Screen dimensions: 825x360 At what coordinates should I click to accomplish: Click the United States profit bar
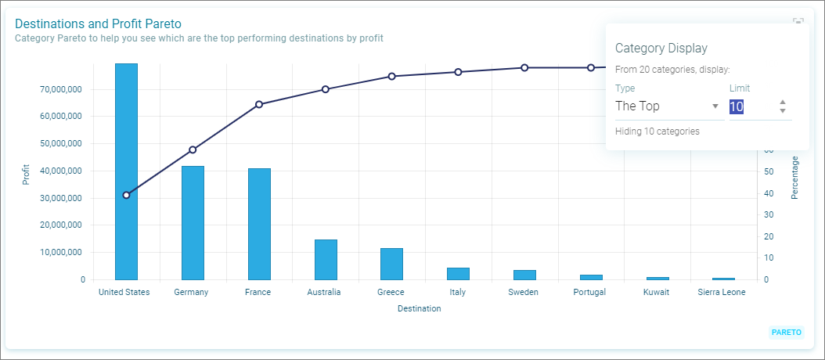tap(126, 171)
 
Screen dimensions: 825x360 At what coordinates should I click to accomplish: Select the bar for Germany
tap(193, 223)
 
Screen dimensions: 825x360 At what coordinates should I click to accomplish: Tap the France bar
tap(259, 224)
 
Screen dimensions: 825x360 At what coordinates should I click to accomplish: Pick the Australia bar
tap(326, 260)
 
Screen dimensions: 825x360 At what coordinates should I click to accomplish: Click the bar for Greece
tap(392, 264)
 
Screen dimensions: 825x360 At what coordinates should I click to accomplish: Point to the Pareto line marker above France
tap(259, 104)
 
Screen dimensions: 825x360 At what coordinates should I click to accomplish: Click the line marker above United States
tap(126, 196)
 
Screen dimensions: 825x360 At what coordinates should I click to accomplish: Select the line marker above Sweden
tap(524, 68)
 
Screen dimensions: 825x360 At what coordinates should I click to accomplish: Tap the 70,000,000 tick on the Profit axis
tap(60, 89)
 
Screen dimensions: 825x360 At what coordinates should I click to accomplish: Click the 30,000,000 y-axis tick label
tap(60, 199)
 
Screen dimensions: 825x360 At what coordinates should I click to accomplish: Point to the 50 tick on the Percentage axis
tap(769, 171)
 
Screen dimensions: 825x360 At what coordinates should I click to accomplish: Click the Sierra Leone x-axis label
tap(722, 292)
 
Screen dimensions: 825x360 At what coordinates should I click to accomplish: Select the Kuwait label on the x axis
tap(656, 292)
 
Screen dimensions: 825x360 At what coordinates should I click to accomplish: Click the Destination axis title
tap(420, 309)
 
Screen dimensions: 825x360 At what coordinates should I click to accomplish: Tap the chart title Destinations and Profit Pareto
tap(98, 23)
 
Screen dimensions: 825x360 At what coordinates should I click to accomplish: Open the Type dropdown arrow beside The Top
tap(715, 106)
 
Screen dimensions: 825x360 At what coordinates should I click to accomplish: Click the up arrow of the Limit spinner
tap(783, 102)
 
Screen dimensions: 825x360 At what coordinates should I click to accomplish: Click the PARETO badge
tap(787, 333)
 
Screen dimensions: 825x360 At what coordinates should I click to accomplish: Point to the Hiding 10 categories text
tap(657, 131)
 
